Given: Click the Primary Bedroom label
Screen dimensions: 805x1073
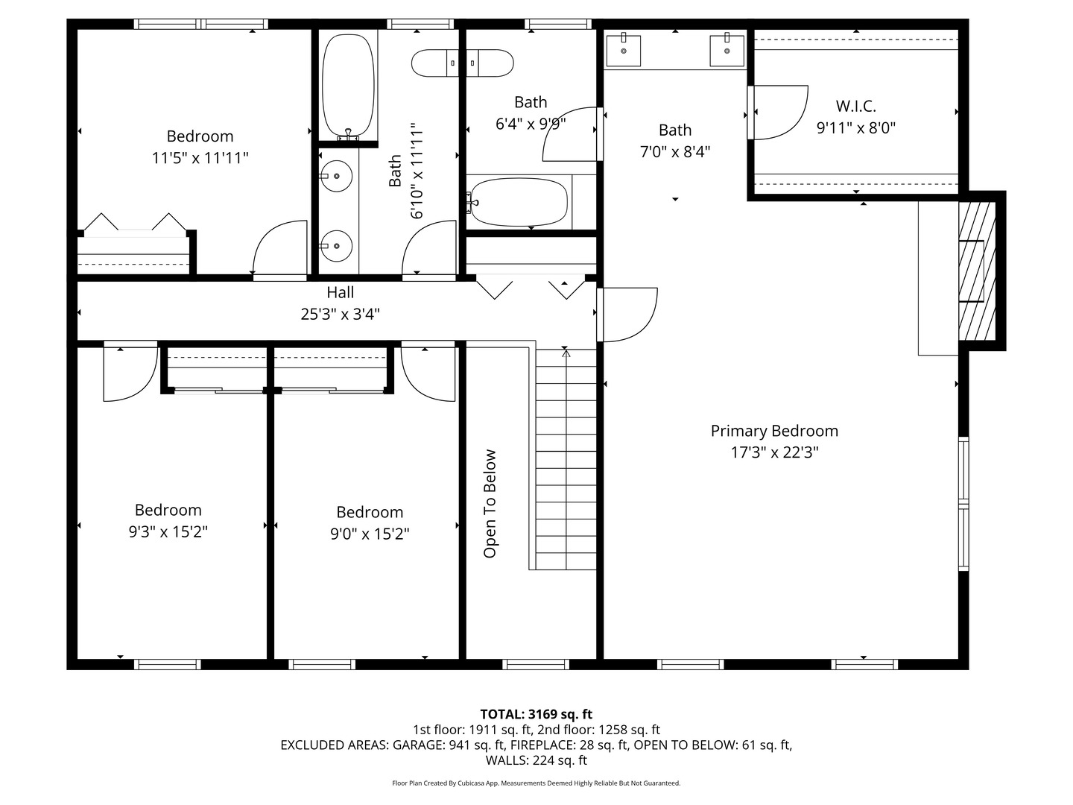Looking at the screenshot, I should [774, 431].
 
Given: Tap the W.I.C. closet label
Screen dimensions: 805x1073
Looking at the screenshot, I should [855, 106].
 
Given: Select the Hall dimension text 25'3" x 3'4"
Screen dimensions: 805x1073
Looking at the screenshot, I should [340, 314].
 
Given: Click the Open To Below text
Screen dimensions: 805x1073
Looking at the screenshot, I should [490, 503].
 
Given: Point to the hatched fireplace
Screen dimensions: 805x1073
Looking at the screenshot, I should [976, 270].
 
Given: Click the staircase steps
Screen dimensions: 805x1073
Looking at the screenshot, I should [566, 462].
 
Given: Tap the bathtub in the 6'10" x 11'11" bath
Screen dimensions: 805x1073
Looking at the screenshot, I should [348, 84].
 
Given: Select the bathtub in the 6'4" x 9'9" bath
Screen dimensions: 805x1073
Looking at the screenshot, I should [519, 202].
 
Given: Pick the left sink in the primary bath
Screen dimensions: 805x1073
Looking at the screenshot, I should [623, 51].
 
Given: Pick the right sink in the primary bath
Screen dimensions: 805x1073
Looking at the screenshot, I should [727, 51].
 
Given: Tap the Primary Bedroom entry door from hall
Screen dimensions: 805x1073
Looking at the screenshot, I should [627, 314].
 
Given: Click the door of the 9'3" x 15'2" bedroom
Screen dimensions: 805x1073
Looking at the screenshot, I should [130, 373].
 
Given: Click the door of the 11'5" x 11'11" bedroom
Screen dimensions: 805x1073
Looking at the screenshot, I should [280, 249].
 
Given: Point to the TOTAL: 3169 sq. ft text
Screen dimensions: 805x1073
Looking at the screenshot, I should [536, 714].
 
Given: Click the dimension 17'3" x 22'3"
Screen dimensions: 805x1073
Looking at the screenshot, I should [774, 452].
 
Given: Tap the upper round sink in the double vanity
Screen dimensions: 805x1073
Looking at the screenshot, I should [337, 176].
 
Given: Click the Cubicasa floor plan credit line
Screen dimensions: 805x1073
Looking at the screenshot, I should [536, 783].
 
